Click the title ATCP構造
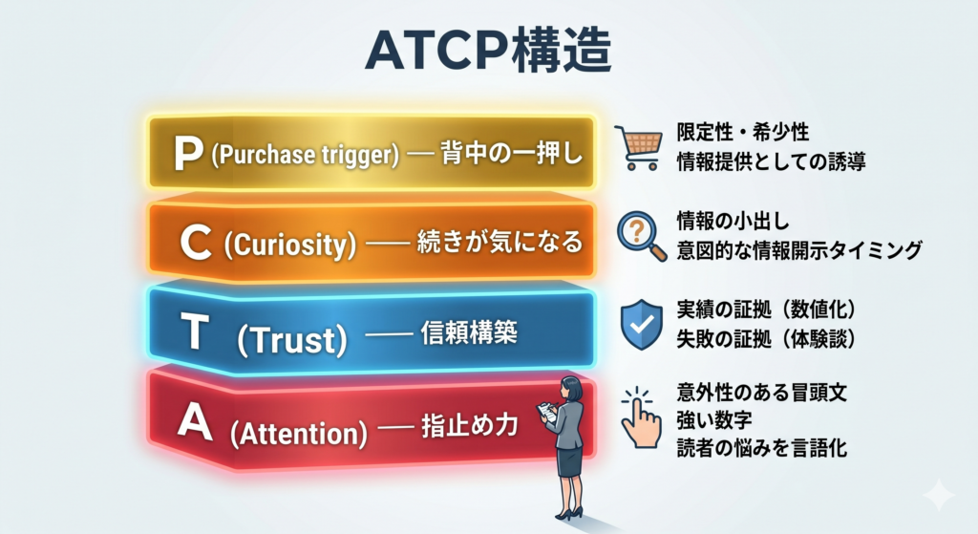point(488,50)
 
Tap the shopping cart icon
point(638,147)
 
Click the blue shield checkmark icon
point(642,325)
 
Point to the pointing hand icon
point(641,417)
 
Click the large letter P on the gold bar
point(188,154)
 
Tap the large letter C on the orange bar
point(195,242)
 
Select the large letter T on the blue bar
point(194,331)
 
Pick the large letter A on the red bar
point(195,421)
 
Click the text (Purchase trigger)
point(305,155)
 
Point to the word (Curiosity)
point(290,244)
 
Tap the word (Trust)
point(292,340)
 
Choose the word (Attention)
point(299,434)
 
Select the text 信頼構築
point(469,332)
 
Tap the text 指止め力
point(470,425)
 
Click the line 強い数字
point(714,419)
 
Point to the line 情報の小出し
point(733,221)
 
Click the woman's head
point(571,389)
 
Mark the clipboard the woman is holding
point(547,413)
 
